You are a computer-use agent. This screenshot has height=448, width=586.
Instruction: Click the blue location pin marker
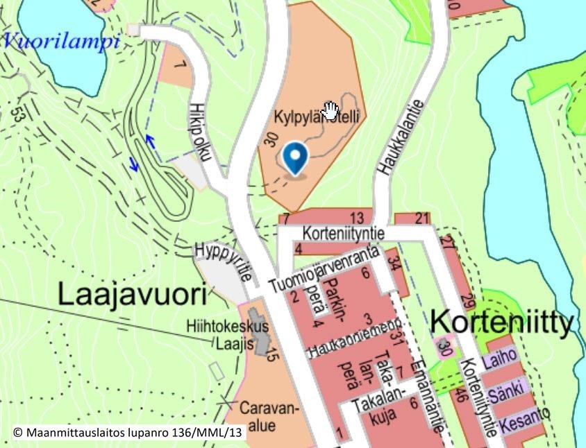[297, 158]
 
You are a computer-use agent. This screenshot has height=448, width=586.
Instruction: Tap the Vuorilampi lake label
[60, 40]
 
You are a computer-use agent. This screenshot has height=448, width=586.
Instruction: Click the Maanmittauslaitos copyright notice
[128, 432]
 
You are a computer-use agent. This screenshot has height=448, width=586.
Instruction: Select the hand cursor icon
[330, 110]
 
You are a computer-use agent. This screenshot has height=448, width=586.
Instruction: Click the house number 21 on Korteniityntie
[422, 219]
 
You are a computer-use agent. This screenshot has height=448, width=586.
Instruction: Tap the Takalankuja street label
[377, 413]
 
